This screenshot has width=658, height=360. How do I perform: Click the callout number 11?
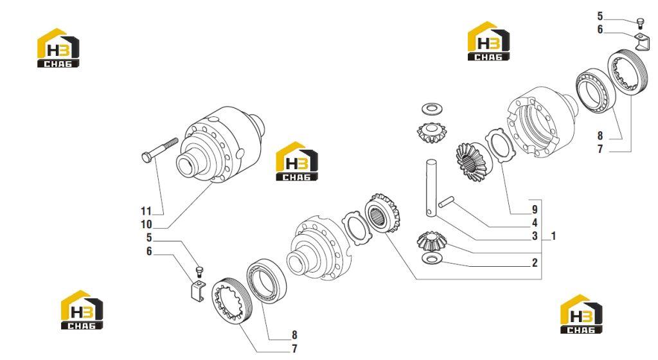tap(146, 211)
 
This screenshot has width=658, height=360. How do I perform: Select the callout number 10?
tap(147, 224)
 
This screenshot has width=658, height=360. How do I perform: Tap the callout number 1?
tap(553, 236)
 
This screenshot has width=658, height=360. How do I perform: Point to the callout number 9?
tap(535, 210)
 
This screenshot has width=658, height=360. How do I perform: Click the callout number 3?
tap(535, 236)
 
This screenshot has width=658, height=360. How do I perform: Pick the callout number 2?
tap(535, 263)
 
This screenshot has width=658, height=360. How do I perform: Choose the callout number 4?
tap(535, 223)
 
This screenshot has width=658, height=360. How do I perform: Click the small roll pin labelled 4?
tap(447, 203)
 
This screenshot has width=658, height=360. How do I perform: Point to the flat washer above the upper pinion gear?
tap(432, 109)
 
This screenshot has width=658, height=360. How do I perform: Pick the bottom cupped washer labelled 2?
tap(431, 258)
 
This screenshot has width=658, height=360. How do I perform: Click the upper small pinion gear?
tap(432, 132)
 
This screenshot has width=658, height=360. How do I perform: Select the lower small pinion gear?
tap(431, 240)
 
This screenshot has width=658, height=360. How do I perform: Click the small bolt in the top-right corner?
tap(640, 23)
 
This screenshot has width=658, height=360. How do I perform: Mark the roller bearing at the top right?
tap(595, 91)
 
